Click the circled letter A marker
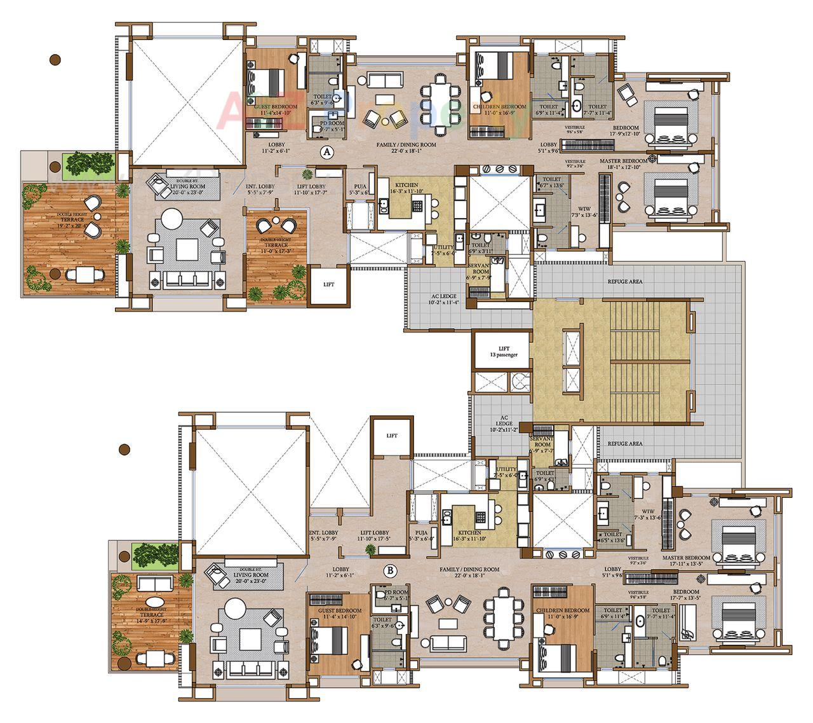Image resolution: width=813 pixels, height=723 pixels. click(326, 152)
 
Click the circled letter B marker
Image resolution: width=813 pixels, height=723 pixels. click(391, 569)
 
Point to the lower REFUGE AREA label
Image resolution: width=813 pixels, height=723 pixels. click(625, 443)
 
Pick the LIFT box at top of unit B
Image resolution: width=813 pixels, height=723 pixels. click(391, 436)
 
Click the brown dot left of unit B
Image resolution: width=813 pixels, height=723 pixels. click(124, 449)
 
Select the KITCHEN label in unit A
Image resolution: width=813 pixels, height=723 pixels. click(406, 185)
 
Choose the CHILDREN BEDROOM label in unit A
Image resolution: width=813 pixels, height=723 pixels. click(499, 106)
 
